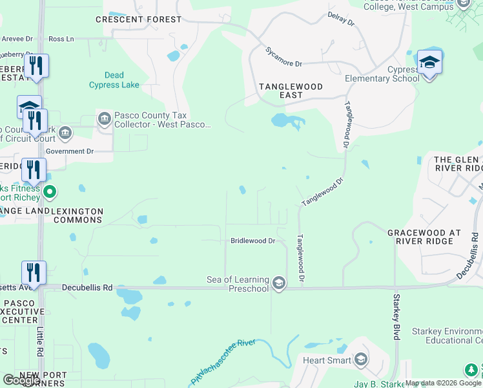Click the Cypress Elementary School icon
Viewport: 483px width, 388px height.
[x=429, y=63]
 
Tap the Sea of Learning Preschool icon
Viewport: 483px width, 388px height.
[x=279, y=283]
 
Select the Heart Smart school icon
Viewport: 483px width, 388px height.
[x=361, y=360]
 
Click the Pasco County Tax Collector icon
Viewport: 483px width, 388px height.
[x=105, y=119]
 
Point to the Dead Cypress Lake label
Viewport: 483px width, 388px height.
[x=114, y=80]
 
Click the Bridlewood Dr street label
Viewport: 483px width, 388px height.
[x=253, y=241]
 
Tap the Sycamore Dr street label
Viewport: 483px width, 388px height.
[x=283, y=56]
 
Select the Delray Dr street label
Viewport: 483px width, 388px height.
[x=341, y=18]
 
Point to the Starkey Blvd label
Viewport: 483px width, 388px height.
[x=396, y=318]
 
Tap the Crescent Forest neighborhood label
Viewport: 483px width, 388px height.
[x=139, y=19]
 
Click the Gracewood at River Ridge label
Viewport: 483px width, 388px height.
[x=424, y=237]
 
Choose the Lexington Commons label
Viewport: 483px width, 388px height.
[x=77, y=215]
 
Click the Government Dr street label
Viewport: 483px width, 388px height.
[x=74, y=151]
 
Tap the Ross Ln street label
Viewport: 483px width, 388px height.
[x=61, y=39]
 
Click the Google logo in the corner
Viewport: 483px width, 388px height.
[x=21, y=380]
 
